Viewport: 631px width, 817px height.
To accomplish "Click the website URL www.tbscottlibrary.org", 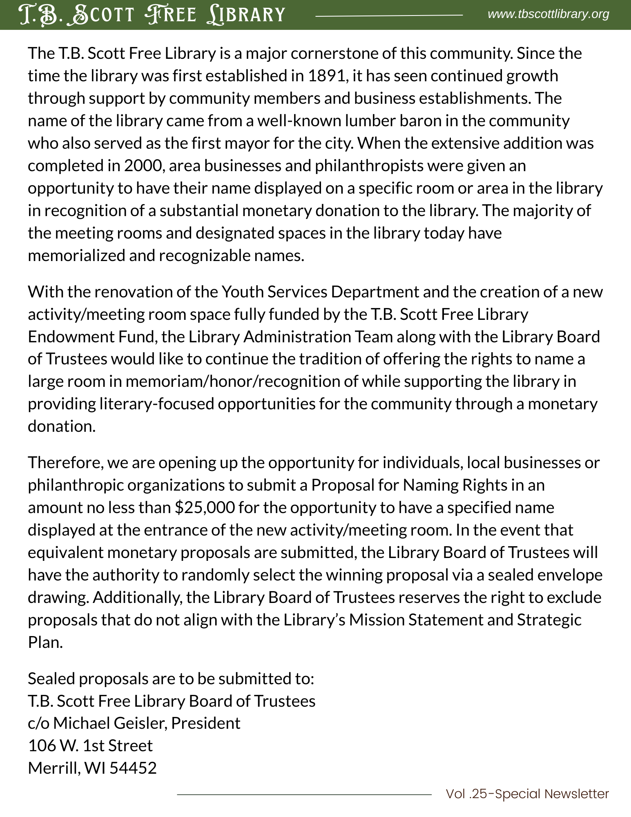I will point(548,14).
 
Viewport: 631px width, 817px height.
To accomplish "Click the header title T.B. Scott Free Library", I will point(152,15).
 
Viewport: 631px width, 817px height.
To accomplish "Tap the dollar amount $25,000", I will point(205,508).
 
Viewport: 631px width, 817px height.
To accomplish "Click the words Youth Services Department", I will point(320,292).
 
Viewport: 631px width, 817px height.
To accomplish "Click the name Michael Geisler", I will point(109,723).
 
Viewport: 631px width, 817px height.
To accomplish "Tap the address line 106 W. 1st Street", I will point(90,746).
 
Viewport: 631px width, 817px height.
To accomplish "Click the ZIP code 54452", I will point(133,768).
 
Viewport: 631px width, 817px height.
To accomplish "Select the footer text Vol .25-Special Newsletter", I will point(527,794).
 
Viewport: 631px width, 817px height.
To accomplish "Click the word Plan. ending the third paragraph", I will point(45,643).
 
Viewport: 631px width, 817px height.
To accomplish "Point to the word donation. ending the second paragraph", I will point(62,426).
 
